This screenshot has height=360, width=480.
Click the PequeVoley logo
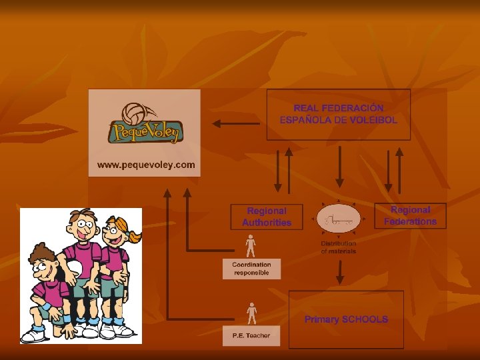(x=145, y=124)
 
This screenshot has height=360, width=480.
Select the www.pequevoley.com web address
(x=146, y=164)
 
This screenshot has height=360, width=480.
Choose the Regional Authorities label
(x=267, y=217)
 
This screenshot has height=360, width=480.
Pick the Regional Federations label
(x=410, y=215)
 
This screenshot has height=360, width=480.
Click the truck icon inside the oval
(x=338, y=219)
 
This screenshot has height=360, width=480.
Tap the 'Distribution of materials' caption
(x=339, y=247)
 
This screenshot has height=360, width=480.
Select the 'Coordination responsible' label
(x=251, y=269)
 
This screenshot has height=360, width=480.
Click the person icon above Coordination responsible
(x=251, y=247)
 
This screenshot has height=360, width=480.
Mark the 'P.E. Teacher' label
(x=251, y=335)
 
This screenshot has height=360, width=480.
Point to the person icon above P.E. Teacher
(x=251, y=313)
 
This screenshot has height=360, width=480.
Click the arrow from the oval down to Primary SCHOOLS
(x=339, y=272)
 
